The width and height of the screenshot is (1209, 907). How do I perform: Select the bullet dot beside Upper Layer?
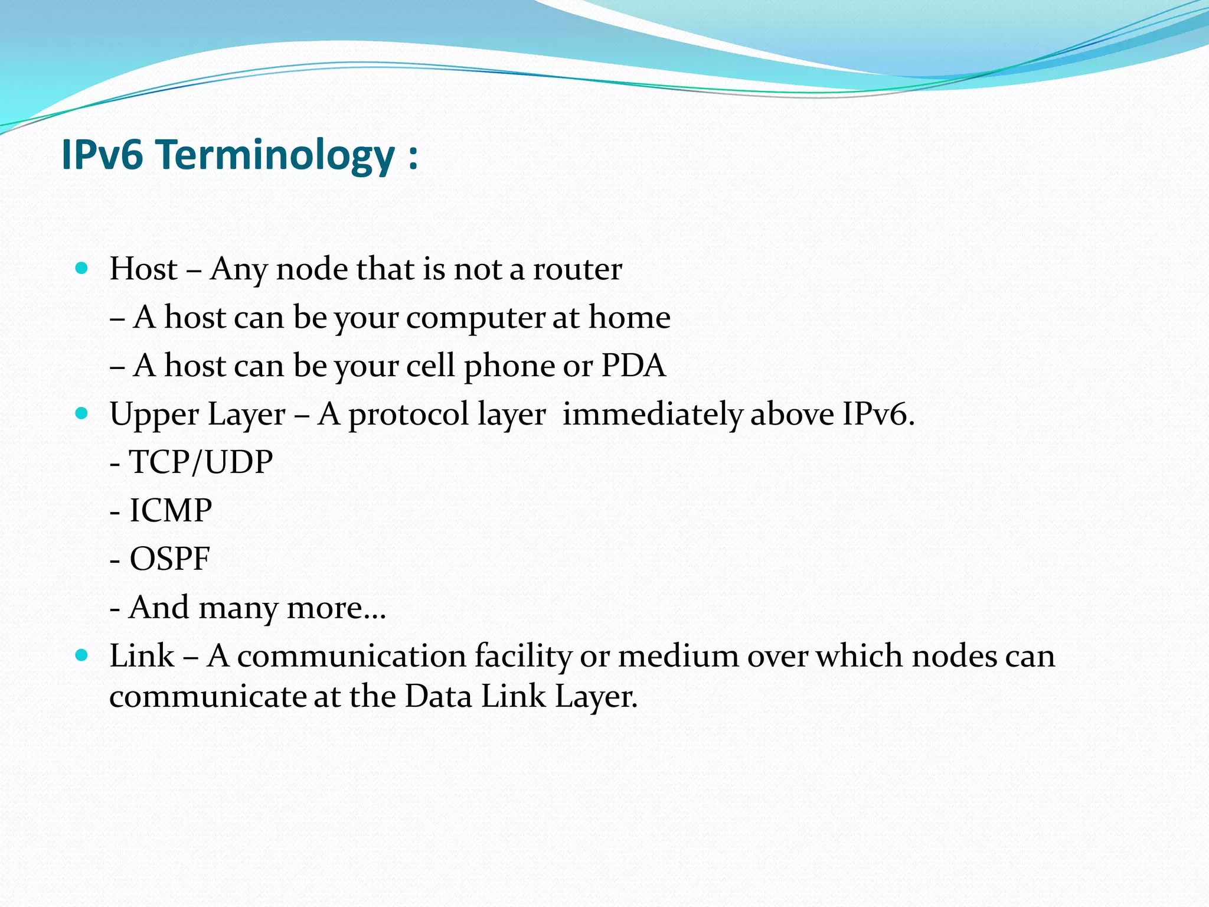(x=82, y=413)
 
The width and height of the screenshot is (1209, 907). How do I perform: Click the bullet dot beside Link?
(x=82, y=655)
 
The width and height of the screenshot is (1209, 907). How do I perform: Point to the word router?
(x=577, y=269)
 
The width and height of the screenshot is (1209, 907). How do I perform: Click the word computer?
(x=475, y=319)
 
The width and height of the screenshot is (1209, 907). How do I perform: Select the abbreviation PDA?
(x=633, y=366)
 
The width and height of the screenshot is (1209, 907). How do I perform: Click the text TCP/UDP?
(x=201, y=462)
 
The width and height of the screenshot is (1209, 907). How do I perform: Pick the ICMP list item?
(x=170, y=511)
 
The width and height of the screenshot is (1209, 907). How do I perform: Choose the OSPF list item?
(x=169, y=559)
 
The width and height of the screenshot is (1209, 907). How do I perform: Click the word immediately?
(x=652, y=415)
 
